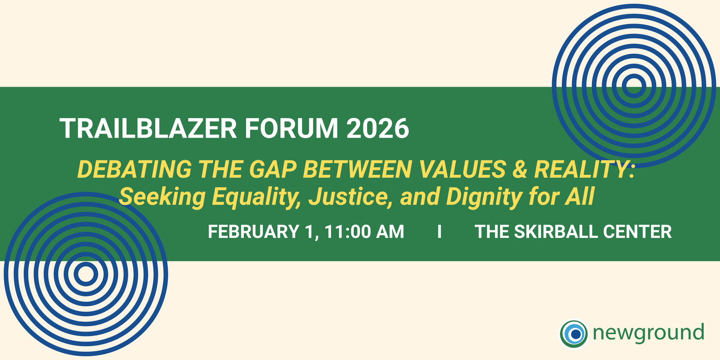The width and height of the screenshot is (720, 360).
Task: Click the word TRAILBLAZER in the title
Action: pyautogui.click(x=148, y=129)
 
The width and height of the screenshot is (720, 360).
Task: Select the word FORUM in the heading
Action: pyautogui.click(x=291, y=129)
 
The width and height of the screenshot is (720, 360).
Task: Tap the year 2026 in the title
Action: pyautogui.click(x=378, y=129)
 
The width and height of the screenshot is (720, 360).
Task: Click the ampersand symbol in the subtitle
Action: pyautogui.click(x=520, y=169)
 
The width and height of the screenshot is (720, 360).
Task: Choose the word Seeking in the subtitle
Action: pyautogui.click(x=162, y=197)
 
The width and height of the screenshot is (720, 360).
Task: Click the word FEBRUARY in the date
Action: pyautogui.click(x=253, y=232)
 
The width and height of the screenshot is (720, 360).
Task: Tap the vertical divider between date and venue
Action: pyautogui.click(x=439, y=232)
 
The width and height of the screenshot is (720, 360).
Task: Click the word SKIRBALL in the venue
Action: pyautogui.click(x=556, y=232)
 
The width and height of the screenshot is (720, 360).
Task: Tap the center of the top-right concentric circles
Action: pyautogui.click(x=634, y=86)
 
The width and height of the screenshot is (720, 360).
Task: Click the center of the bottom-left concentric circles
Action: pyautogui.click(x=86, y=274)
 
